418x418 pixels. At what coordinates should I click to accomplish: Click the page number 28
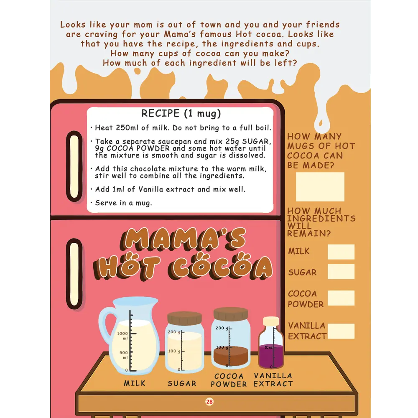pyautogui.click(x=209, y=402)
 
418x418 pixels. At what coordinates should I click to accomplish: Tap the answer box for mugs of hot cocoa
pyautogui.click(x=320, y=186)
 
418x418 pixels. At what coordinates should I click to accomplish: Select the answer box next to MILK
pyautogui.click(x=341, y=252)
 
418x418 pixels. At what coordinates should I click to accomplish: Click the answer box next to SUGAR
pyautogui.click(x=341, y=272)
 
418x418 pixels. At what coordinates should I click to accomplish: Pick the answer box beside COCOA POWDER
pyautogui.click(x=341, y=298)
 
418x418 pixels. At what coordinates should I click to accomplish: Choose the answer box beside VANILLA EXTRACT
pyautogui.click(x=341, y=331)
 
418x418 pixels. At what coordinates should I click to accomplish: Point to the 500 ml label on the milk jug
pyautogui.click(x=124, y=355)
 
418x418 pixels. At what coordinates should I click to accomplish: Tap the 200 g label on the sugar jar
pyautogui.click(x=174, y=332)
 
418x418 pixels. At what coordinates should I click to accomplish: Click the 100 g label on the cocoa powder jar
pyautogui.click(x=222, y=347)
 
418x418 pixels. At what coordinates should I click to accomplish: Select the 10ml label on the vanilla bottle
pyautogui.click(x=268, y=347)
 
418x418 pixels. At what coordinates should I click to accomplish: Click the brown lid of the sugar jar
pyautogui.click(x=184, y=318)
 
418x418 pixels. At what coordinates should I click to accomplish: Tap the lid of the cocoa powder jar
pyautogui.click(x=231, y=314)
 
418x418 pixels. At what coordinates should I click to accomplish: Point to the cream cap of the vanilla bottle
pyautogui.click(x=271, y=321)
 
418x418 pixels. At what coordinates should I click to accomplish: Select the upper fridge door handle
pyautogui.click(x=74, y=166)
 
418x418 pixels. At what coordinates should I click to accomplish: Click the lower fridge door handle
pyautogui.click(x=74, y=274)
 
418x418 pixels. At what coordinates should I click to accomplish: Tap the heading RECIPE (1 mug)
pyautogui.click(x=181, y=114)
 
